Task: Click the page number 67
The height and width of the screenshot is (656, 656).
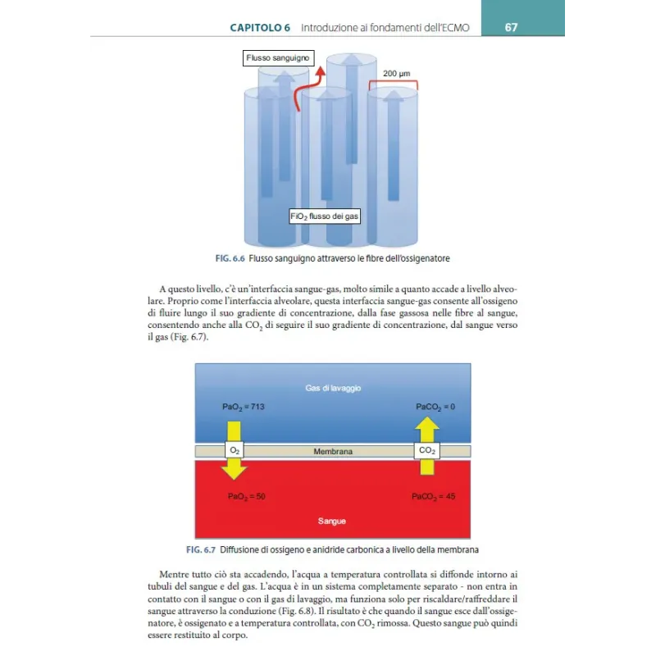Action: [x=511, y=27]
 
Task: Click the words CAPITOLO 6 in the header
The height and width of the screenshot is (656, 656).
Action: [x=260, y=27]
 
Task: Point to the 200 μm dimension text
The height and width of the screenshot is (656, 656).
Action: [x=397, y=73]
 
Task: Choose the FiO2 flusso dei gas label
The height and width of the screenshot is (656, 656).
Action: [x=325, y=216]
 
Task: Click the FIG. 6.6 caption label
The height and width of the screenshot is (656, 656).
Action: [x=230, y=258]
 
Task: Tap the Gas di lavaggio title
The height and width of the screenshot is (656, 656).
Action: [x=333, y=387]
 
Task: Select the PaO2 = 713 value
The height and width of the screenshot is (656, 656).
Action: [x=244, y=407]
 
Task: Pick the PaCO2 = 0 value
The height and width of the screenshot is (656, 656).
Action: [x=435, y=407]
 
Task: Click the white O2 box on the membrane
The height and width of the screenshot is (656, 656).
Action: [x=235, y=451]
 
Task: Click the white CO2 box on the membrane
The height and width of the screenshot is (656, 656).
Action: [x=427, y=451]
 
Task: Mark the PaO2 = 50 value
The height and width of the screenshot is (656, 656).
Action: [x=247, y=496]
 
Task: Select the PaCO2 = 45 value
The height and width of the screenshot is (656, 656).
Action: [x=434, y=496]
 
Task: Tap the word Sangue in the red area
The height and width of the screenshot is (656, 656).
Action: [x=332, y=521]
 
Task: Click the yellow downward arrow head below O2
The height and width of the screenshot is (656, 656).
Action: [x=235, y=470]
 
